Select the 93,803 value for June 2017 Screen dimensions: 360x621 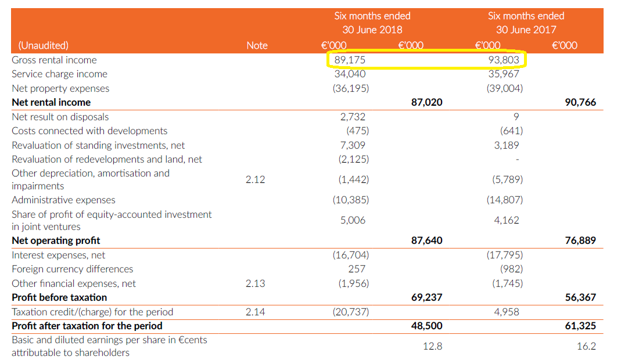pyautogui.click(x=504, y=60)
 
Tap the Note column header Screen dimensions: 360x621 pyautogui.click(x=257, y=45)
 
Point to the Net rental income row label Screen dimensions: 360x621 pyautogui.click(x=51, y=102)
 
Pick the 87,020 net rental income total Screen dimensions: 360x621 pyautogui.click(x=426, y=102)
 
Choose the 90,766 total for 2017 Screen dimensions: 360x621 pyautogui.click(x=580, y=102)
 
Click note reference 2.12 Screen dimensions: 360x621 pyautogui.click(x=255, y=179)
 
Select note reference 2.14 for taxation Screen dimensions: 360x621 pyautogui.click(x=255, y=312)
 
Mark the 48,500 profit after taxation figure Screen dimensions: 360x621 pyautogui.click(x=426, y=326)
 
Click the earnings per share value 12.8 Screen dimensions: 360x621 pyautogui.click(x=432, y=346)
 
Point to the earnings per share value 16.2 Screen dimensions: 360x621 pyautogui.click(x=586, y=346)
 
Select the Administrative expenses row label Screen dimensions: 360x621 pyautogui.click(x=63, y=200)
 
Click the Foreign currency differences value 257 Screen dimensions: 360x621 pyautogui.click(x=357, y=269)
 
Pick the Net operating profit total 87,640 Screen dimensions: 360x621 pyautogui.click(x=426, y=240)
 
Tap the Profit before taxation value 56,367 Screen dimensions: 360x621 pyautogui.click(x=580, y=297)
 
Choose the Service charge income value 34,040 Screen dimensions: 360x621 pyautogui.click(x=350, y=74)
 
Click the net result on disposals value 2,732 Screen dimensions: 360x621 pyautogui.click(x=353, y=117)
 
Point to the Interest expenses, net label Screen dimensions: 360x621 pyautogui.click(x=59, y=255)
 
